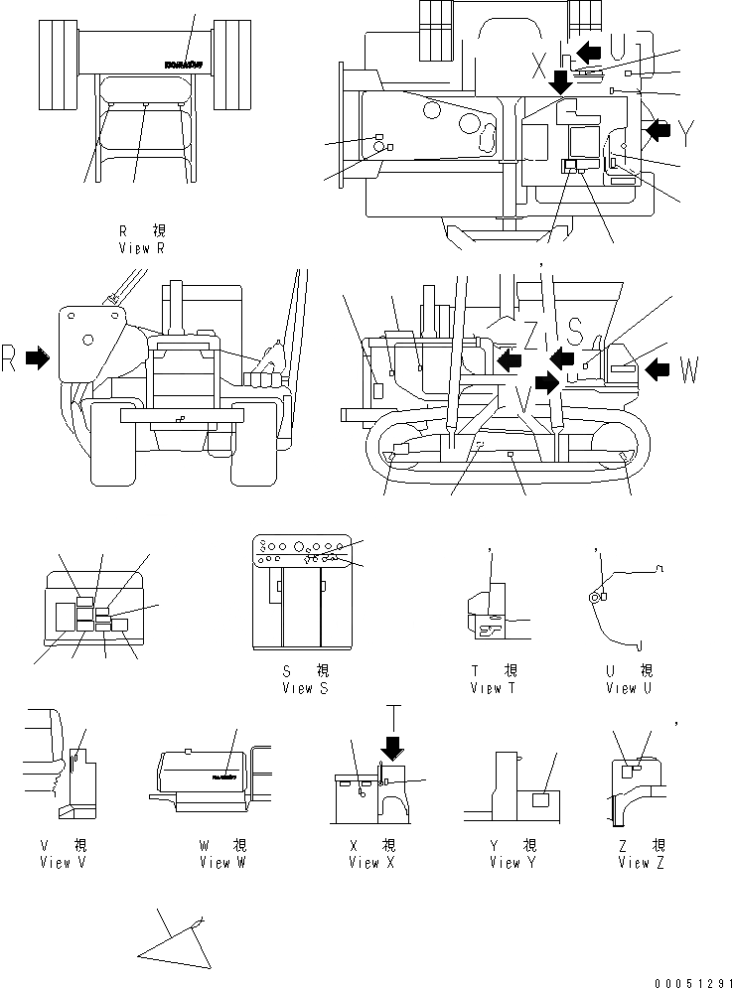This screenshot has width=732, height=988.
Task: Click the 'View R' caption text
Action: coord(140,248)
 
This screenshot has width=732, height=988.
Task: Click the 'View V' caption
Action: coord(56,863)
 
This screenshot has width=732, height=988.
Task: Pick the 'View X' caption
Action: coord(371,863)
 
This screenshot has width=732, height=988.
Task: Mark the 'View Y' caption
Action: coord(512,863)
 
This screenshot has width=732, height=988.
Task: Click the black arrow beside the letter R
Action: coord(37,359)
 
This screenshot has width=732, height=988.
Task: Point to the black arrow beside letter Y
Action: coord(658,128)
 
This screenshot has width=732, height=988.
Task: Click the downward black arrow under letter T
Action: coord(394,745)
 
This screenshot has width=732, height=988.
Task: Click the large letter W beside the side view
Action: coord(689,372)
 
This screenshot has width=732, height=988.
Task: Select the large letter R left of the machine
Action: coord(9,360)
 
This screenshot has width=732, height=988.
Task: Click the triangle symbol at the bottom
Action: coord(177,941)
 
